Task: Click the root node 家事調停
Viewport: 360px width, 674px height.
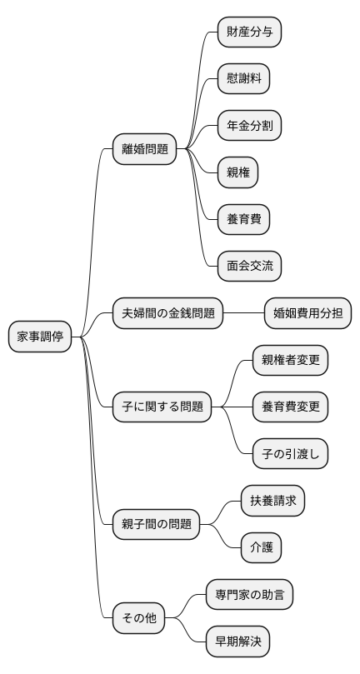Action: pos(40,337)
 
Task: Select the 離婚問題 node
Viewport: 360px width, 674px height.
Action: pos(145,150)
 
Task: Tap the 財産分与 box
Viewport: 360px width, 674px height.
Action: pos(248,33)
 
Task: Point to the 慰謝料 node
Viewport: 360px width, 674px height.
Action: pos(242,80)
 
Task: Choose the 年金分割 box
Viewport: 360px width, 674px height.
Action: pos(248,127)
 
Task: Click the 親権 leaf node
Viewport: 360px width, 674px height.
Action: pos(237,173)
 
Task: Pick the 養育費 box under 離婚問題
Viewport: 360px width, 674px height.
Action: pos(242,220)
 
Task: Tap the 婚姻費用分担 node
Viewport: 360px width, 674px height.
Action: pos(307,314)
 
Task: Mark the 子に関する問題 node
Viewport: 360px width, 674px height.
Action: pos(162,407)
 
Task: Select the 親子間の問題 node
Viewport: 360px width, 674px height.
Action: pos(157,524)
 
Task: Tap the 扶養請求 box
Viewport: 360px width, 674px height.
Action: pos(272,501)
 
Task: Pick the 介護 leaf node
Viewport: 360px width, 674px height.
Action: pos(260,547)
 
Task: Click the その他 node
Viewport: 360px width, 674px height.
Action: pos(139,618)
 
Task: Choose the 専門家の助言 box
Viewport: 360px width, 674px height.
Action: pos(248,595)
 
